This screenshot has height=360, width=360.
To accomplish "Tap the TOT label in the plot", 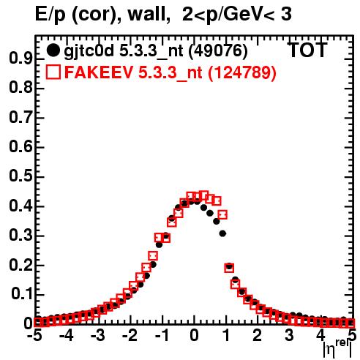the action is (x=307, y=50).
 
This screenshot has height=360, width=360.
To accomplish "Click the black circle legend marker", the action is (x=53, y=50).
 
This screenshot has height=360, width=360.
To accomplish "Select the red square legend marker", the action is (x=53, y=72).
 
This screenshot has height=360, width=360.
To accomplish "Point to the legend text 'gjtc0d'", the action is (x=89, y=51).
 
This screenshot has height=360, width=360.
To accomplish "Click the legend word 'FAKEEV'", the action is (x=99, y=72).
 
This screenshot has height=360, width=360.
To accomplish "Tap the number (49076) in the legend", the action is (x=218, y=50).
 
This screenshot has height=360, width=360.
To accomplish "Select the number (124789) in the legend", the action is (x=242, y=72).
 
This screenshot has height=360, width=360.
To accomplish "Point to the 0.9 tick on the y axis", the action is (x=20, y=58).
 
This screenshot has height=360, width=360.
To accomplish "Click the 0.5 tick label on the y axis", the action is (x=20, y=176).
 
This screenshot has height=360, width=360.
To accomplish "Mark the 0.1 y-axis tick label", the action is (x=22, y=294).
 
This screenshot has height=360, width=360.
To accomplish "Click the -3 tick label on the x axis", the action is (x=98, y=336).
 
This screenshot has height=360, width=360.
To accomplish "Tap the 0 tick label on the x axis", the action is (x=194, y=336).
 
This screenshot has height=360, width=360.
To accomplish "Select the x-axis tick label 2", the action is (x=258, y=336).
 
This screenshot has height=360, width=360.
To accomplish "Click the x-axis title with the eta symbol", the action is (x=337, y=349).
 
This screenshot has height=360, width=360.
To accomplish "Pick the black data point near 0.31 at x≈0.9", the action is (x=222, y=233).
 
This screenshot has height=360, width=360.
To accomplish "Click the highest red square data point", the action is (x=203, y=195).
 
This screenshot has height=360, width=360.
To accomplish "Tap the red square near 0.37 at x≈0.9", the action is (x=222, y=215).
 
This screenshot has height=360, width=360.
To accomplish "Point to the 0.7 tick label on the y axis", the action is (x=20, y=117).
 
